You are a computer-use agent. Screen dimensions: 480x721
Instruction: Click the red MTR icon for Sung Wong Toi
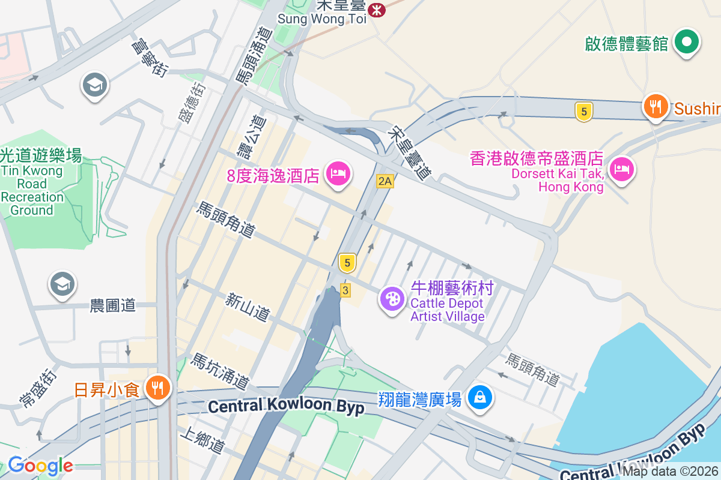click(x=377, y=10)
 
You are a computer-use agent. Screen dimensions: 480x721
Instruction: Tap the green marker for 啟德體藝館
click(x=687, y=42)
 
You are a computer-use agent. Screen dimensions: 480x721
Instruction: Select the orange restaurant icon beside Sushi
click(x=656, y=107)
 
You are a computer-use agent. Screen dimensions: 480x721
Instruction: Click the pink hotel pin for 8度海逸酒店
click(x=338, y=174)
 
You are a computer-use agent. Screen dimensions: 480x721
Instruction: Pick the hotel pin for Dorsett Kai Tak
click(x=621, y=169)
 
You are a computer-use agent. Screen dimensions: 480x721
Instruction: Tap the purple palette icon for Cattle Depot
click(x=392, y=298)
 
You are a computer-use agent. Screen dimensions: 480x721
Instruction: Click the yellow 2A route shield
click(x=385, y=181)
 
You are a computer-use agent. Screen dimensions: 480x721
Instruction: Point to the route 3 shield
click(x=345, y=290)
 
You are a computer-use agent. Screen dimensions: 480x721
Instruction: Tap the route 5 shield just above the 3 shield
click(x=347, y=262)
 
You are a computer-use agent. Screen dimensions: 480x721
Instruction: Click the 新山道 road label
click(x=247, y=307)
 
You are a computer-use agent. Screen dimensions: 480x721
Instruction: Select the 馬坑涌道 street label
click(x=219, y=371)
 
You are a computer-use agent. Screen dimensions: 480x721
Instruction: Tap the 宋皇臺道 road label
click(x=410, y=154)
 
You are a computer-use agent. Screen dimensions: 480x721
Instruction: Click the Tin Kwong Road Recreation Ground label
click(x=32, y=183)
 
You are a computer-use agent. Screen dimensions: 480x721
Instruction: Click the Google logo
click(x=40, y=466)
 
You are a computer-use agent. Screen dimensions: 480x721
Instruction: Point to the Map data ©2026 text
click(x=670, y=472)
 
